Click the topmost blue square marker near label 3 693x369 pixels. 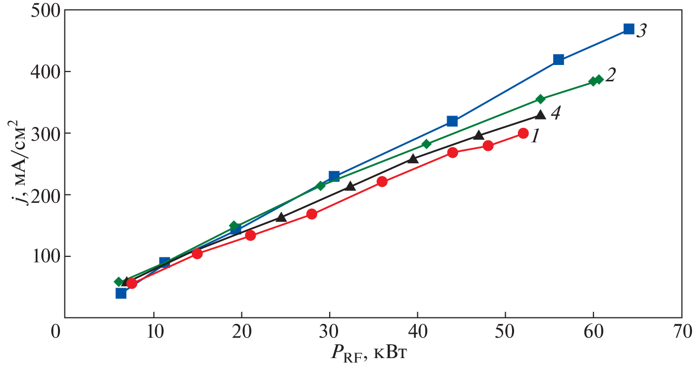coord(629,29)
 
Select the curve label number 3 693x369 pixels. coord(641,31)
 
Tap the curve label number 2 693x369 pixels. coord(611,75)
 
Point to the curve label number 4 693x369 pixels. coord(555,113)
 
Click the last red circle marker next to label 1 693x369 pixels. coord(523,133)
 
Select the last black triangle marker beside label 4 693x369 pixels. coord(540,115)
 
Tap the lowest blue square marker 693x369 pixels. coord(121,293)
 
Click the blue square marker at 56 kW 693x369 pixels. coord(558,60)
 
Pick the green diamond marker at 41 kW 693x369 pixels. coord(426,144)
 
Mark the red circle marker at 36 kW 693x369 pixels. coord(382,182)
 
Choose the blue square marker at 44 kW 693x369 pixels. coord(452,121)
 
